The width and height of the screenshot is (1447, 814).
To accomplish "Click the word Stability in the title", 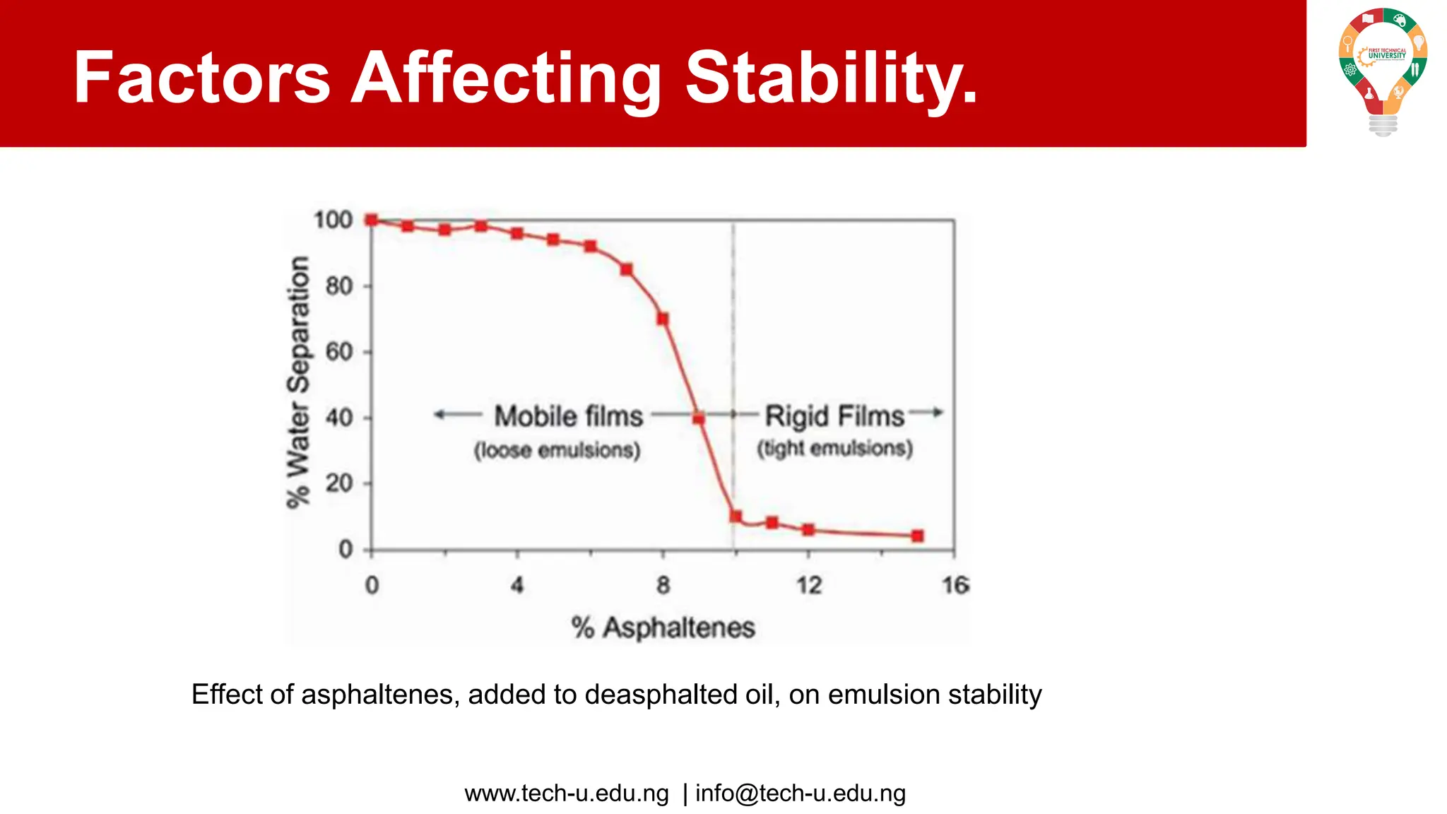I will tap(831, 78).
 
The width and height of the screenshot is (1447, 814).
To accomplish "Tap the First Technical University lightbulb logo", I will tap(1383, 71).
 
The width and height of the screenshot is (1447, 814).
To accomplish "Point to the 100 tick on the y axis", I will tap(333, 220).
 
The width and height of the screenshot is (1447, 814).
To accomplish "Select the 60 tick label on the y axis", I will tap(339, 352).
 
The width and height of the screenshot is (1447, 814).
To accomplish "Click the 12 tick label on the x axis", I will tap(809, 585).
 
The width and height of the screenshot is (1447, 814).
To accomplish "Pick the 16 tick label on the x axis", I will tap(955, 585).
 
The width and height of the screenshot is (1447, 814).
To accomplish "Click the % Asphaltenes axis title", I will tap(663, 627).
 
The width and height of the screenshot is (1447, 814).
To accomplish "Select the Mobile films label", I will tap(568, 416).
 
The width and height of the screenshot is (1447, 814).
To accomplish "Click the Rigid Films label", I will tap(834, 416).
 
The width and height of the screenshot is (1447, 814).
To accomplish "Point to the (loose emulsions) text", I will tap(557, 450).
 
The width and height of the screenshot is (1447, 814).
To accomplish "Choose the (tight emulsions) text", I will tap(834, 448).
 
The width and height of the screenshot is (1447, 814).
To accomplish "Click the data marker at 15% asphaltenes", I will tap(917, 536).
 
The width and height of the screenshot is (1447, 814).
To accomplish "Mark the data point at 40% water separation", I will tap(699, 418).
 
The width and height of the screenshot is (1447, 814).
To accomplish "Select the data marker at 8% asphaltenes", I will tap(663, 319).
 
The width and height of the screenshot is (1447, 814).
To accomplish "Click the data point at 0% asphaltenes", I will tap(372, 220).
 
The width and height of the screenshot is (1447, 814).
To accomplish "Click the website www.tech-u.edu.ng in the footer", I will tap(567, 794).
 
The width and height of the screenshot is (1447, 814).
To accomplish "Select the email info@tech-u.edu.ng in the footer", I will tap(800, 794).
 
